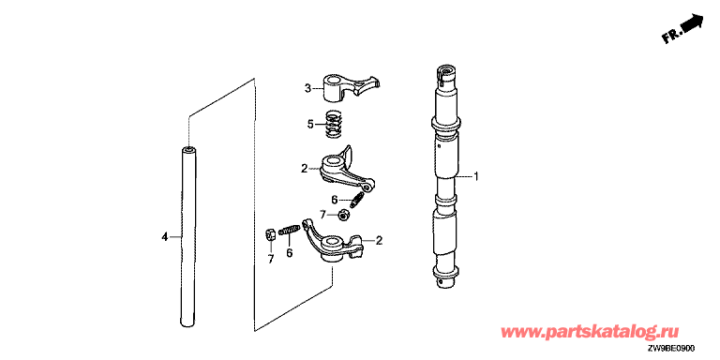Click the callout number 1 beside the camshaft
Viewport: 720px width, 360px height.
[x=476, y=176]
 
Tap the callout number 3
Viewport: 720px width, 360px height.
[x=307, y=87]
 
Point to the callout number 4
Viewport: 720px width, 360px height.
[x=164, y=237]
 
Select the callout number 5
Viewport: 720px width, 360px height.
[x=310, y=124]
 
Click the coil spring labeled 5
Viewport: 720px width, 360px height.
[x=334, y=125]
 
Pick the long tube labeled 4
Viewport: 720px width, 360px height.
[x=188, y=236]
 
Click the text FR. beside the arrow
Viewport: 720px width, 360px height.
[x=671, y=37]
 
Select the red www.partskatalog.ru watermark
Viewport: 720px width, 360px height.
[x=590, y=332]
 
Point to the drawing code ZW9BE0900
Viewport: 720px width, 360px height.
[x=678, y=349]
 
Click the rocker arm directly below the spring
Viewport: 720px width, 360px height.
[x=345, y=170]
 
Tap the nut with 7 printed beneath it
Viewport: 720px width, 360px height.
[x=270, y=235]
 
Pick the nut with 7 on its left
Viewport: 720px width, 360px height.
[x=342, y=215]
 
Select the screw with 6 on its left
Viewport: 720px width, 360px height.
[x=358, y=201]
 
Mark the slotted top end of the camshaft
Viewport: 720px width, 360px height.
[x=446, y=76]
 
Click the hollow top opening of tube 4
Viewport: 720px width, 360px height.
[x=188, y=149]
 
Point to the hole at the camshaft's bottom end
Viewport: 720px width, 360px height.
[x=441, y=281]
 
